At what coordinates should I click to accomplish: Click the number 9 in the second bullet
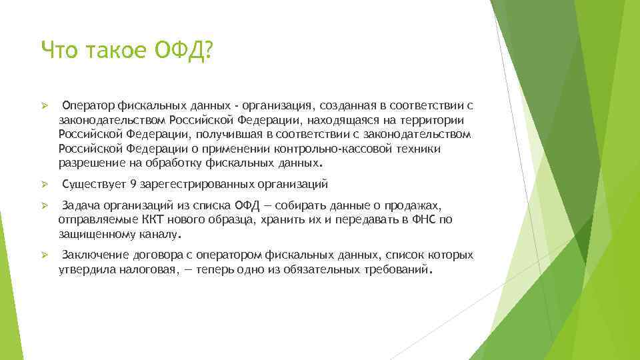[133, 184]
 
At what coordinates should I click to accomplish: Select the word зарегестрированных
[190, 184]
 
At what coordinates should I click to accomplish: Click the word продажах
[417, 205]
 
